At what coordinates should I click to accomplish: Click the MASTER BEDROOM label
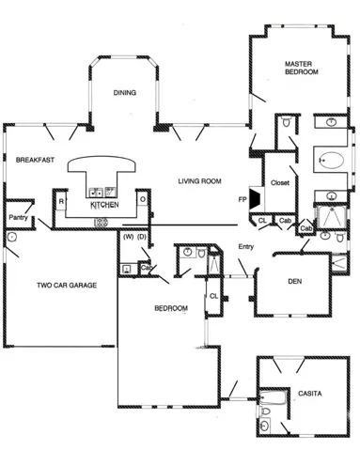pyautogui.click(x=303, y=68)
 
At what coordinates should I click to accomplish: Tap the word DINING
pyautogui.click(x=125, y=92)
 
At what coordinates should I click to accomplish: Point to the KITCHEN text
pyautogui.click(x=103, y=204)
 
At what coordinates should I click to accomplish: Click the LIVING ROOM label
pyautogui.click(x=199, y=180)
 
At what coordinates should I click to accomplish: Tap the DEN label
pyautogui.click(x=294, y=280)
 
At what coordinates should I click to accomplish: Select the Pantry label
pyautogui.click(x=18, y=217)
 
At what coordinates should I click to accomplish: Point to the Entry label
pyautogui.click(x=246, y=246)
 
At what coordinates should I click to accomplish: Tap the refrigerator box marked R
pyautogui.click(x=60, y=200)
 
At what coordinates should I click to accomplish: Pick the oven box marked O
pyautogui.click(x=142, y=199)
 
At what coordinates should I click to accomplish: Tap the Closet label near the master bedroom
pyautogui.click(x=280, y=182)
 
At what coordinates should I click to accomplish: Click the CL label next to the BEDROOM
pyautogui.click(x=213, y=296)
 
